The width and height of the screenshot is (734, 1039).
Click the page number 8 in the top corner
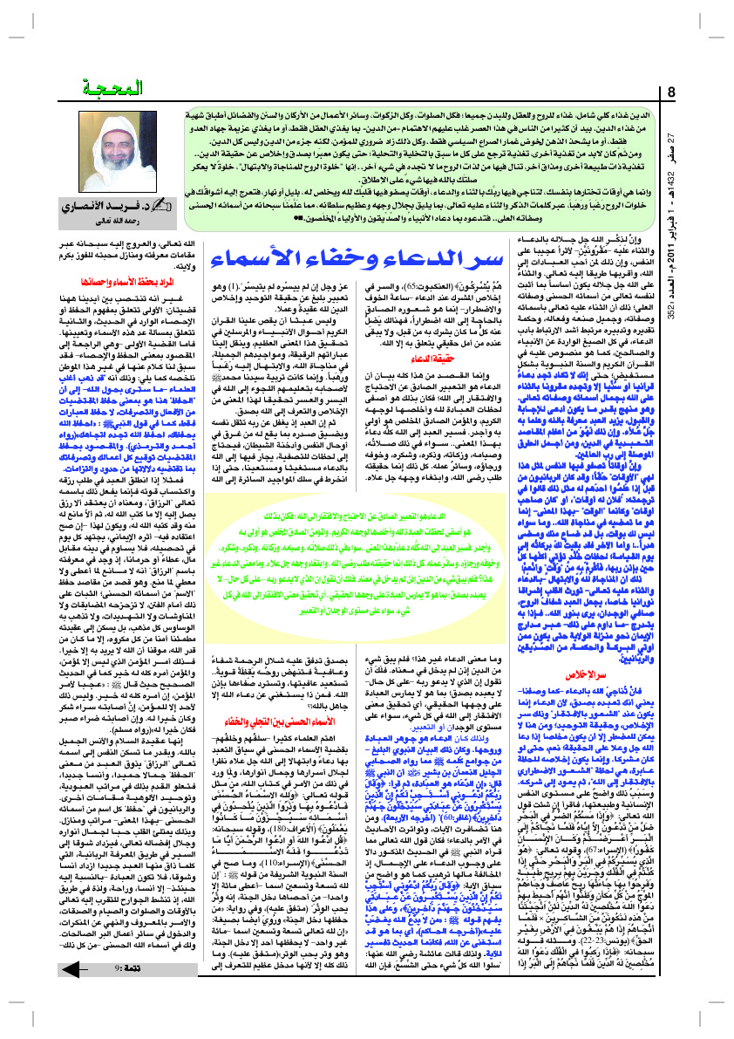(x=672, y=92)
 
